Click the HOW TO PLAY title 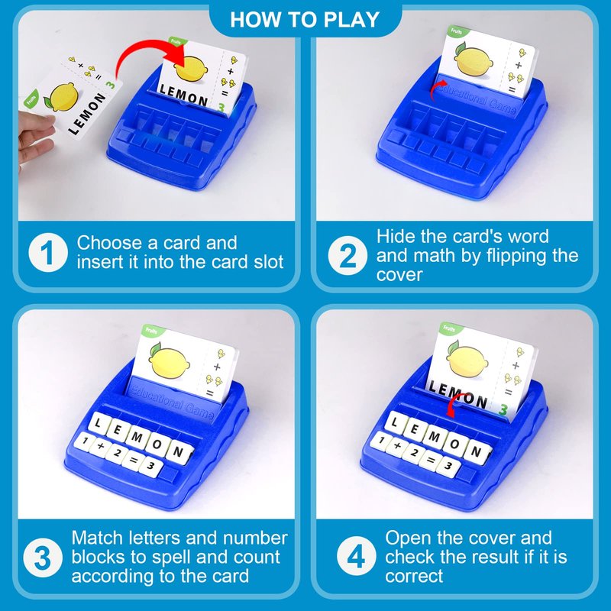[x=304, y=20]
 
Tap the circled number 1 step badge [x=47, y=253]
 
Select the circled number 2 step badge [x=347, y=255]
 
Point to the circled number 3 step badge [x=43, y=558]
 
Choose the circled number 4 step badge [x=356, y=556]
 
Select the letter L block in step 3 [x=99, y=422]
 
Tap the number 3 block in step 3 [x=150, y=466]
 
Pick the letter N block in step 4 [x=475, y=452]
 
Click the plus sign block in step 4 [x=397, y=446]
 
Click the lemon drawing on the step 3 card [x=169, y=361]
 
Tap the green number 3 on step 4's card [x=503, y=410]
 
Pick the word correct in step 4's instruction [x=414, y=577]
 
